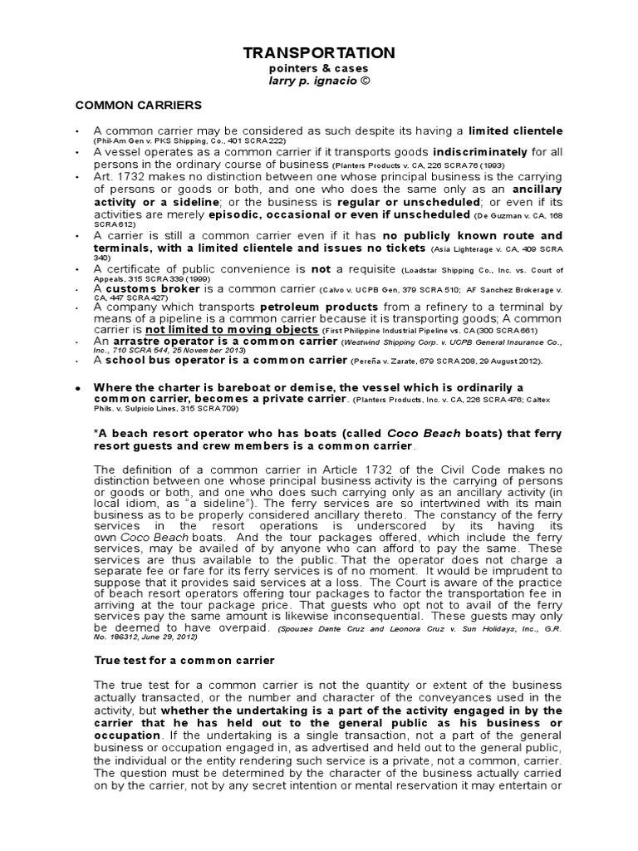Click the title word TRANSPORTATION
tap(319, 53)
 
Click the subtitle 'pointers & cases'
tap(319, 69)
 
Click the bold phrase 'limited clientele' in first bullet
tap(515, 131)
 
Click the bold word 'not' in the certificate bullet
tap(320, 269)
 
